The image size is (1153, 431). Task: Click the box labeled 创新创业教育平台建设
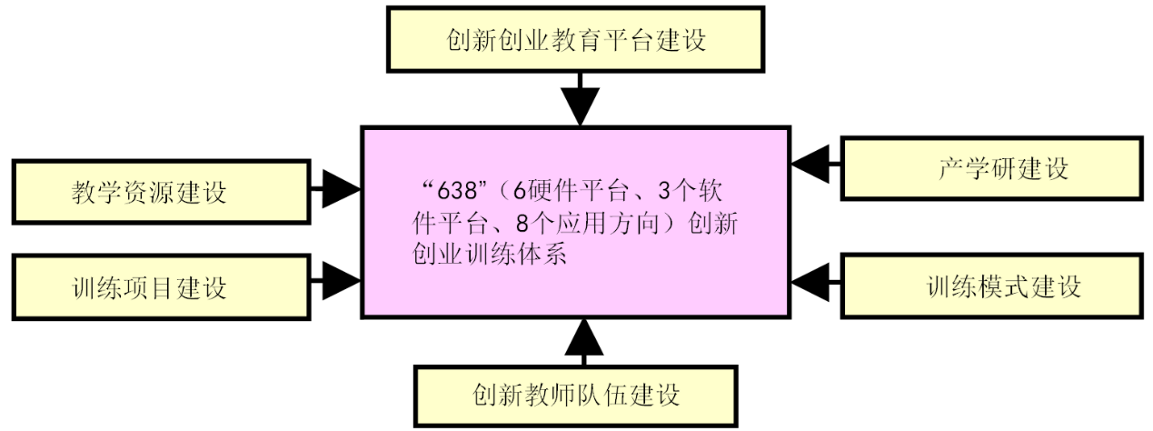point(575,40)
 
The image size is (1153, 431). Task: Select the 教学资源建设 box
point(161,192)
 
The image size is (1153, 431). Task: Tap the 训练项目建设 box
point(161,287)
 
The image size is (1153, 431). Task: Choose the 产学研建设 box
point(991,168)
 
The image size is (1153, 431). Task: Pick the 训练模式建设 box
point(991,286)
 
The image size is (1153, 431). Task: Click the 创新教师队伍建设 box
point(576,396)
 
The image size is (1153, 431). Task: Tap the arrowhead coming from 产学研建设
point(810,165)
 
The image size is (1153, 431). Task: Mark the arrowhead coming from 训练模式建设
point(810,282)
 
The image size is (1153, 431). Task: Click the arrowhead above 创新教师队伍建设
point(583,336)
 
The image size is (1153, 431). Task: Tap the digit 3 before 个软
point(664,192)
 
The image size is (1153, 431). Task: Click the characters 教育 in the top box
point(576,40)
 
